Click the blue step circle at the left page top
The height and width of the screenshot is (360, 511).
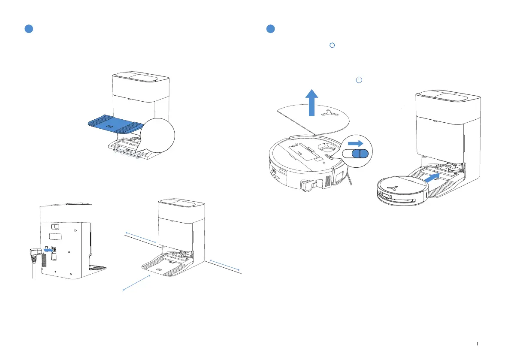pyautogui.click(x=28, y=29)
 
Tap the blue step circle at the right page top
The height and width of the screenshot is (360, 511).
pyautogui.click(x=270, y=29)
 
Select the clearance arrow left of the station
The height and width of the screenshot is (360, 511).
pyautogui.click(x=140, y=237)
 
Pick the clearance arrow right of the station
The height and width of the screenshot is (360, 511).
pyautogui.click(x=225, y=265)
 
